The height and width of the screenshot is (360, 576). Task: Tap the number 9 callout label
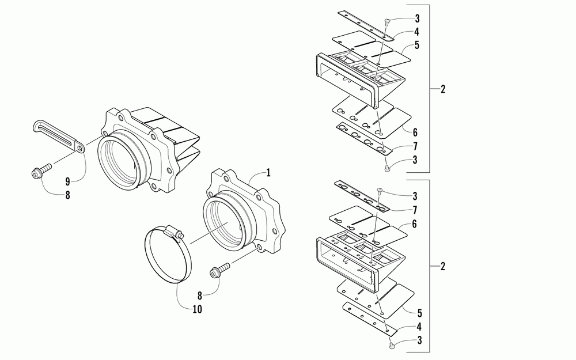pos(68,180)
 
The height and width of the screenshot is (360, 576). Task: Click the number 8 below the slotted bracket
pos(68,195)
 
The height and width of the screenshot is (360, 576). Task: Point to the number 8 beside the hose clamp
pos(199,294)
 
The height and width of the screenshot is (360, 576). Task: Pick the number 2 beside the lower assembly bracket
pos(442,266)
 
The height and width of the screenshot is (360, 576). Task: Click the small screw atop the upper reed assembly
pos(387,22)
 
